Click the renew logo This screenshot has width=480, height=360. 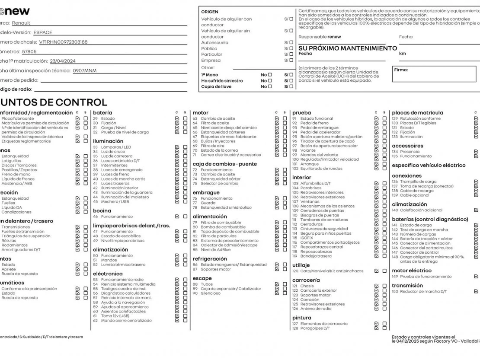(15, 11)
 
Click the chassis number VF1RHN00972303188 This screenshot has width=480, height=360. (63, 42)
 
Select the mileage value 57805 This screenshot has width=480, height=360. (29, 51)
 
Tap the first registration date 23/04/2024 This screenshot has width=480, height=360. (63, 61)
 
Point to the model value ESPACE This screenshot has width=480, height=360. (42, 32)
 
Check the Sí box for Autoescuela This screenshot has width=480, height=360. (291, 42)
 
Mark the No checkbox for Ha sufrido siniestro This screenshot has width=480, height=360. (270, 80)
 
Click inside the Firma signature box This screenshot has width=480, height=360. (434, 74)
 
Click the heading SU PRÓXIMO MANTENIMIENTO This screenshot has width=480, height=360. (348, 48)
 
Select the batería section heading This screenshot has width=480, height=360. (102, 112)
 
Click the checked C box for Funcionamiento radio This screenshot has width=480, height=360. (177, 280)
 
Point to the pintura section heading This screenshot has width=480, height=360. (301, 318)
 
